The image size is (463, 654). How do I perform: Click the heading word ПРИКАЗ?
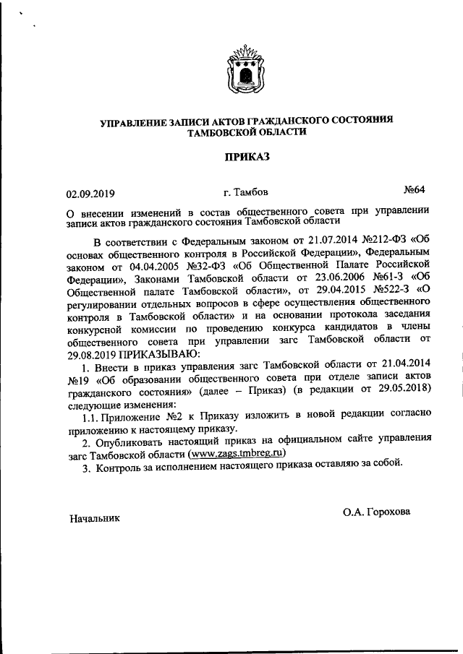[247, 156]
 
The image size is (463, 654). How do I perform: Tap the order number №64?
[414, 190]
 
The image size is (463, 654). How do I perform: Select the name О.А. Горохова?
[376, 512]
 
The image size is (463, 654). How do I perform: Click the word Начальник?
[95, 518]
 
